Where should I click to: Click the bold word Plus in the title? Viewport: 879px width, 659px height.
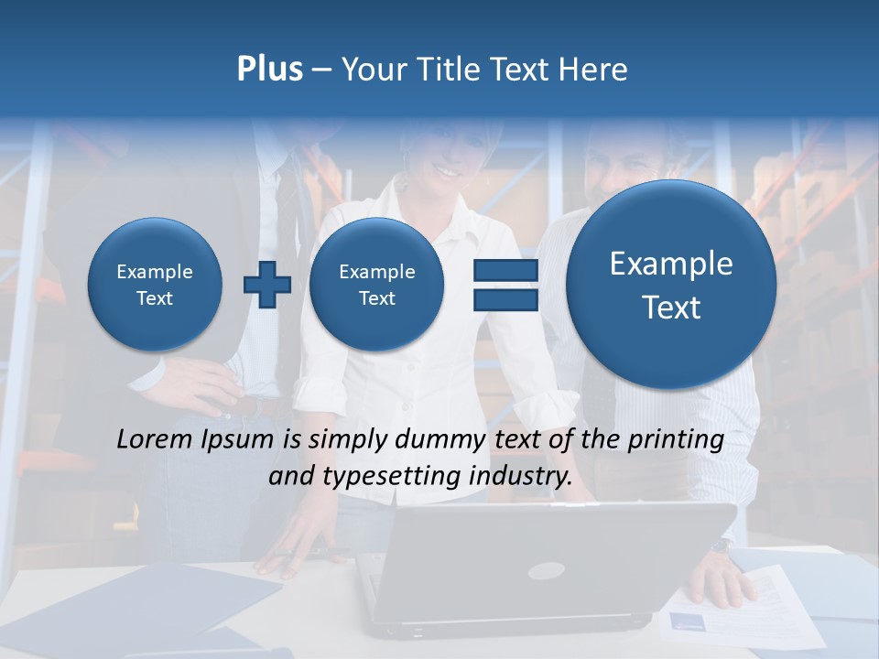pos(269,70)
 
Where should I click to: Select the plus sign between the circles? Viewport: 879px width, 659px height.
pos(267,285)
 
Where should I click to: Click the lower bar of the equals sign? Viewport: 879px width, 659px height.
pos(505,300)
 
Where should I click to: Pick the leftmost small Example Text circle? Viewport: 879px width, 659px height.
pos(155,285)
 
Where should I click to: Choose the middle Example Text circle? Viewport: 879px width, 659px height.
pos(376,285)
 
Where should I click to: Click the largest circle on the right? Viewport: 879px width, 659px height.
pos(671,285)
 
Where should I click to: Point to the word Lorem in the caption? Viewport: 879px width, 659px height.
pos(150,439)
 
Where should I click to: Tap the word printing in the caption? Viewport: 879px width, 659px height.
pos(676,440)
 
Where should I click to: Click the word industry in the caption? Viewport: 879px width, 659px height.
pos(519,477)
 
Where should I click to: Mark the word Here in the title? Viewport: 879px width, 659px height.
pos(597,70)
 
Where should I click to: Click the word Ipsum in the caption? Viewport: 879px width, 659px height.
pos(237,439)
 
